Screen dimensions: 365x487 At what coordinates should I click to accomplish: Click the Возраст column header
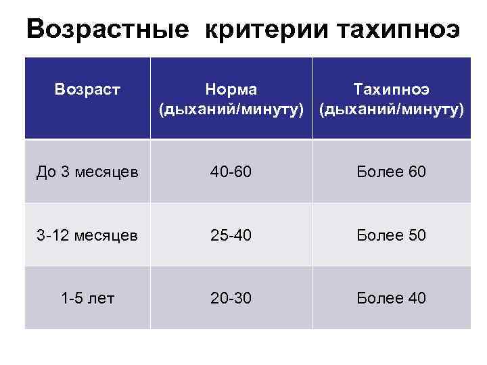[x=87, y=90]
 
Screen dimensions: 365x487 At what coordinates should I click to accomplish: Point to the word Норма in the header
[x=231, y=90]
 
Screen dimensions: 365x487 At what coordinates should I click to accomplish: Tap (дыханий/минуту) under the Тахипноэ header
[x=392, y=109]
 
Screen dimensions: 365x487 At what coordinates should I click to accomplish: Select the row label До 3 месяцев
[x=88, y=172]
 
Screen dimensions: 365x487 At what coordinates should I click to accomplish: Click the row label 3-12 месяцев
[x=88, y=235]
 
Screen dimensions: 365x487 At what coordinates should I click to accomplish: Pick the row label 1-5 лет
[x=88, y=298]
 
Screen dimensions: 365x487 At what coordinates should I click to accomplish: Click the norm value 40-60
[x=231, y=172]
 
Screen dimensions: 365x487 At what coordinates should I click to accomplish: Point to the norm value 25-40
[x=231, y=235]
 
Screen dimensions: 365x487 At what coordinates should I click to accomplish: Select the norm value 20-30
[x=231, y=298]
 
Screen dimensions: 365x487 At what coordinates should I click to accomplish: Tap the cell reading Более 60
[x=392, y=172]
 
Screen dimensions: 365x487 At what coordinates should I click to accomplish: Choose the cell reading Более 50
[x=392, y=235]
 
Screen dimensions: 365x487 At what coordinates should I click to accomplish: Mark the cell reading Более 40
[x=392, y=298]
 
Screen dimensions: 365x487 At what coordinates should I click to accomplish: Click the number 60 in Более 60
[x=416, y=172]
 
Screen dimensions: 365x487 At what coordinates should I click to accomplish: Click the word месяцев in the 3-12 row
[x=108, y=235]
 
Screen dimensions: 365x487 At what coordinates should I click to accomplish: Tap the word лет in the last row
[x=103, y=298]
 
